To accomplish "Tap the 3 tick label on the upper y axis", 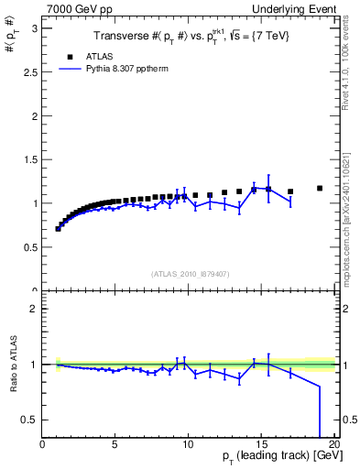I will pyautogui.click(x=34, y=27).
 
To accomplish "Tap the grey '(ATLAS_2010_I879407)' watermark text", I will pyautogui.click(x=190, y=273).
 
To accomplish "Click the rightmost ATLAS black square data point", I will pyautogui.click(x=320, y=188).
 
